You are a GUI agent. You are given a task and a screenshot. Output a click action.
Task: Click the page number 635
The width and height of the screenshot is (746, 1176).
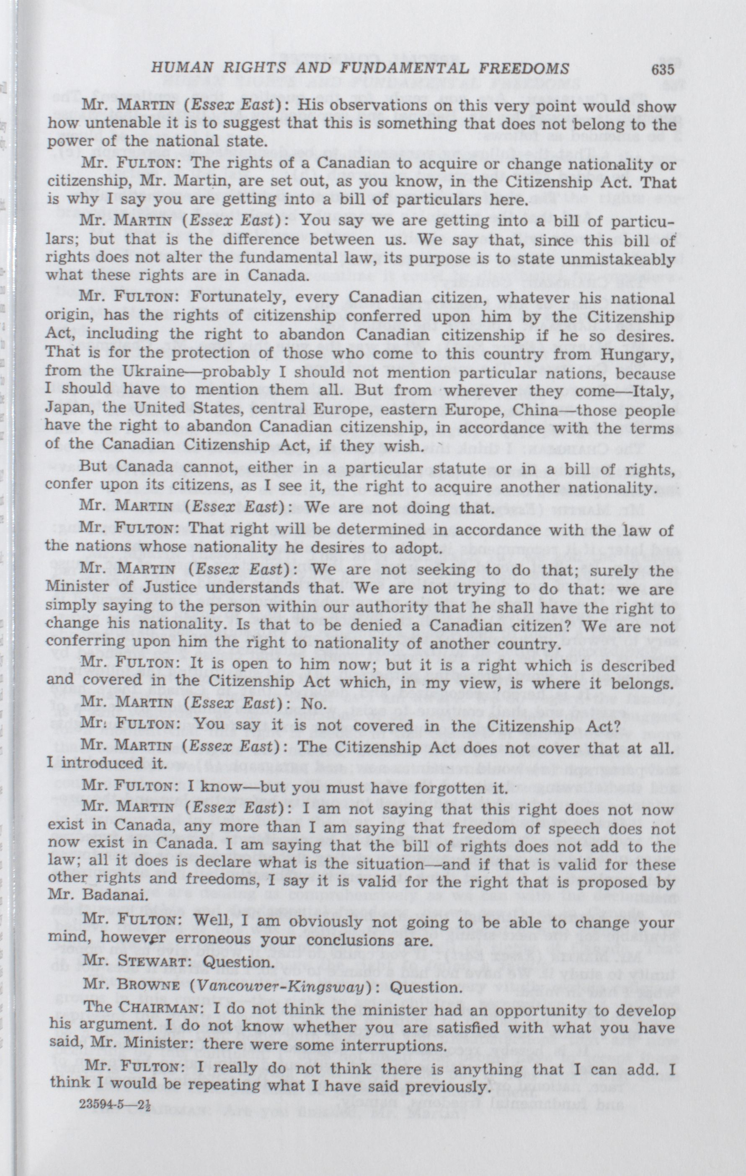coord(663,69)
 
